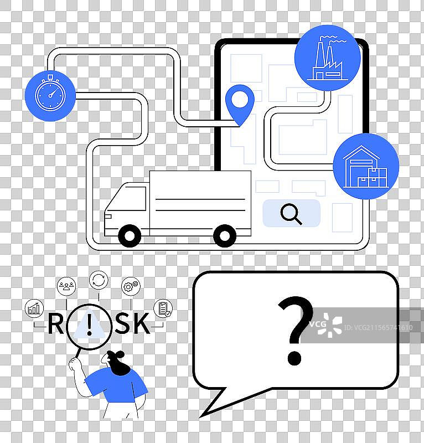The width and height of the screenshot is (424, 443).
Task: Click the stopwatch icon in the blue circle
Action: tap(50, 95)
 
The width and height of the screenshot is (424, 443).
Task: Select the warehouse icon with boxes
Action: tap(365, 166)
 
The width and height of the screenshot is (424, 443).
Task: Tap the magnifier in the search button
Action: tap(291, 214)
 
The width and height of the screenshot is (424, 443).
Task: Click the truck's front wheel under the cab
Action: tap(130, 235)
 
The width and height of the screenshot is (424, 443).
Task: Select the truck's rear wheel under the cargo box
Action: tap(225, 235)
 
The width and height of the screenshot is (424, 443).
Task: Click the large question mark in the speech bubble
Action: tap(295, 331)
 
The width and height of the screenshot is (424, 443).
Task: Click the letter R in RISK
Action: tap(55, 324)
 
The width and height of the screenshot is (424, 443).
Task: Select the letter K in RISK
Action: tap(141, 324)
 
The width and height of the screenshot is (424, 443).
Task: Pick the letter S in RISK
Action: tap(122, 324)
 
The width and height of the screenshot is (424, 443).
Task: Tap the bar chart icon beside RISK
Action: tap(34, 308)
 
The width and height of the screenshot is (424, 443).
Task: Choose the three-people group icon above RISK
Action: tap(66, 286)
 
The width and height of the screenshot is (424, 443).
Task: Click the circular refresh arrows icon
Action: tap(99, 280)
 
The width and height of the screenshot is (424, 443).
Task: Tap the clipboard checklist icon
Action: tap(163, 308)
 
